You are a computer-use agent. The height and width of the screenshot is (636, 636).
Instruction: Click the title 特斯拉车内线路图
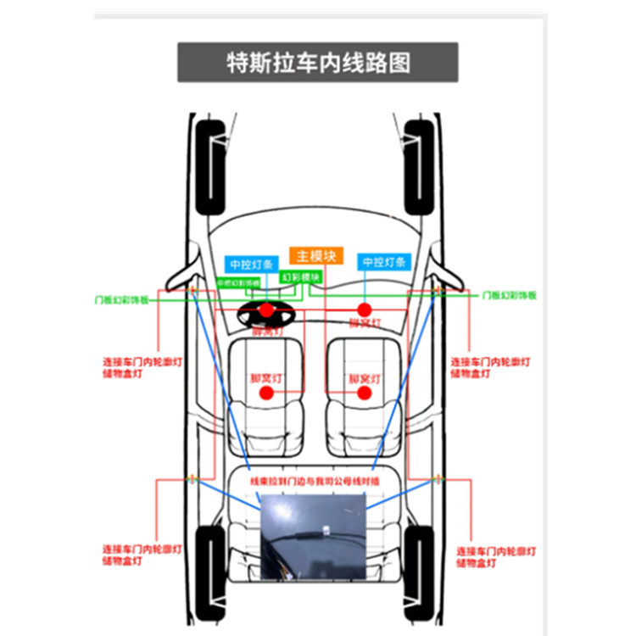pyautogui.click(x=318, y=63)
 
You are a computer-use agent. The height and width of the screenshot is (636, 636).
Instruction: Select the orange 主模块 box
pyautogui.click(x=315, y=255)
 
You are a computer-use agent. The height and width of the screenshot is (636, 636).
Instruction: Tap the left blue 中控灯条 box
pyautogui.click(x=252, y=263)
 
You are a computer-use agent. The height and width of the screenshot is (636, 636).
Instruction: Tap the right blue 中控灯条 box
pyautogui.click(x=386, y=263)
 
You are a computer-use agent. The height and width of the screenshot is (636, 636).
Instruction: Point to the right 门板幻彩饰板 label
pyautogui.click(x=509, y=295)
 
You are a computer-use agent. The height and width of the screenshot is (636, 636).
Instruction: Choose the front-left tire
pyautogui.click(x=211, y=166)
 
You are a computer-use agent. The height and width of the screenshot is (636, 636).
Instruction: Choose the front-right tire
pyautogui.click(x=419, y=166)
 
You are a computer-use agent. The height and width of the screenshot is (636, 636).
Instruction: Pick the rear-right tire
pyautogui.click(x=419, y=572)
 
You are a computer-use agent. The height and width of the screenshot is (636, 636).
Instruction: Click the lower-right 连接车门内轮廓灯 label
pyautogui.click(x=496, y=555)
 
